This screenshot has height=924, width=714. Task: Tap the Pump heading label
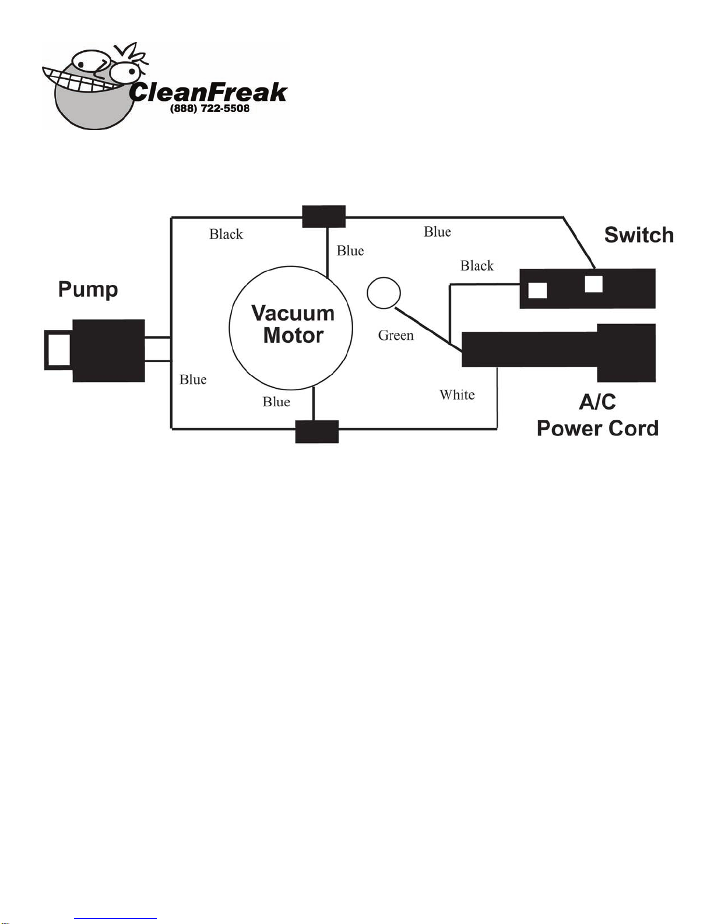88,289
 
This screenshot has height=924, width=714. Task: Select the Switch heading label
639,235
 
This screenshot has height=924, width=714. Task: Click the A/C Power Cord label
597,415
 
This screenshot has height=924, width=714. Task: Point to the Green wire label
396,336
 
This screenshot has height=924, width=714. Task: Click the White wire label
457,395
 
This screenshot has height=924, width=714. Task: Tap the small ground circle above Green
384,293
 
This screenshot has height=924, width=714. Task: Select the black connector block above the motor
324,216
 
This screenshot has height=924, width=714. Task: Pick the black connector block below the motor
317,432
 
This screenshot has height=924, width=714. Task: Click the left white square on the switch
537,290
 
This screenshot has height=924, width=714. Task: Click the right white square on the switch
593,284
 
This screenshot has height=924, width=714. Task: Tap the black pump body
108,350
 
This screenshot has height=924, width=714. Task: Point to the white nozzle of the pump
58,350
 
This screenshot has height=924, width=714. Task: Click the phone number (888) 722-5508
210,109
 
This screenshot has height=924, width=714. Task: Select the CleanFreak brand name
208,92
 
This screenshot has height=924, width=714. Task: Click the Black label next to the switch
477,266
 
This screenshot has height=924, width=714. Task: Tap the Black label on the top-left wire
226,234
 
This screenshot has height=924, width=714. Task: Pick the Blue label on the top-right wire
437,232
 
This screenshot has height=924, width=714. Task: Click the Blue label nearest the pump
193,380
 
